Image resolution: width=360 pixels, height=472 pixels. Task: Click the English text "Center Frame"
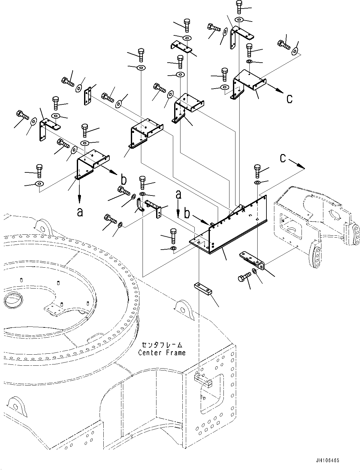(162, 352)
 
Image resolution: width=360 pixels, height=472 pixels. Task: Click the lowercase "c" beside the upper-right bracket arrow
(290, 99)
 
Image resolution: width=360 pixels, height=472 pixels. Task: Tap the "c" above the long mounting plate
(283, 158)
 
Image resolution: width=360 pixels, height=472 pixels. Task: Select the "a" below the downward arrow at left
(80, 212)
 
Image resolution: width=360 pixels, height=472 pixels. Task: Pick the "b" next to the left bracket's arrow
(124, 180)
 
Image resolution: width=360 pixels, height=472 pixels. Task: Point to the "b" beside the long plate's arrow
(187, 214)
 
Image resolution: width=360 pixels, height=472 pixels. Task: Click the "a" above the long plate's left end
(179, 195)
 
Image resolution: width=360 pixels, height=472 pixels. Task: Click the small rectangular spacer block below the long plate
(203, 289)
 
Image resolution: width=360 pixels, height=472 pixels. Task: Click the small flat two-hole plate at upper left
(87, 96)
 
